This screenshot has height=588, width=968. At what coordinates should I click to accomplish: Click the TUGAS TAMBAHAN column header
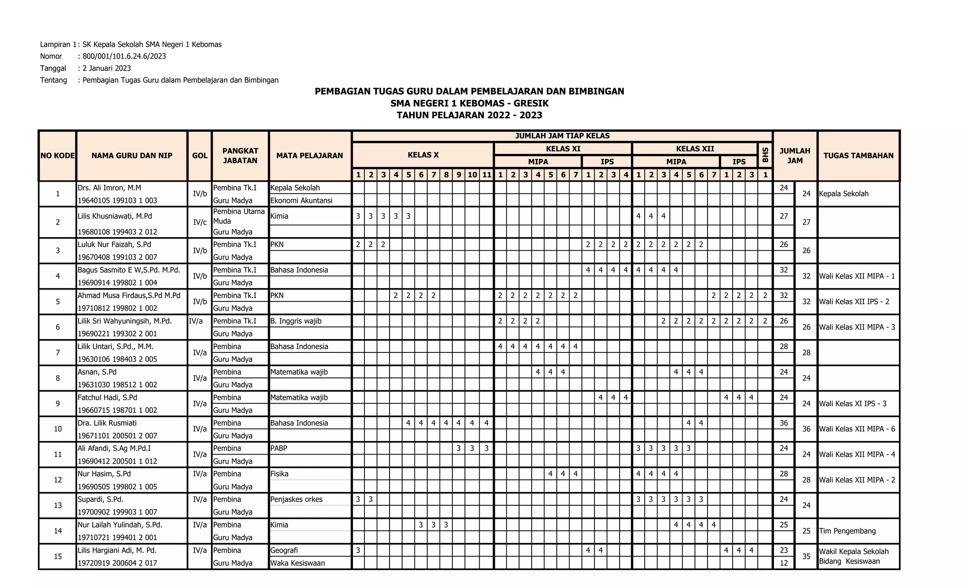[858, 156]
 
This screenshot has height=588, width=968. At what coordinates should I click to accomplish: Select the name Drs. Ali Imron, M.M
[109, 188]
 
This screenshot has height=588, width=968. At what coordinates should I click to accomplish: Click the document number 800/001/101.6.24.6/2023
[124, 56]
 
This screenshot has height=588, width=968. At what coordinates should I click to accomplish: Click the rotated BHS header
[765, 155]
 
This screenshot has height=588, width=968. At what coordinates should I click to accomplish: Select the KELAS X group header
[423, 155]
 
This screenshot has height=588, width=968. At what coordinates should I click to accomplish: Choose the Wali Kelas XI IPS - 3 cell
[852, 404]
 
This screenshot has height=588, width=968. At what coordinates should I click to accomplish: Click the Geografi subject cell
[284, 550]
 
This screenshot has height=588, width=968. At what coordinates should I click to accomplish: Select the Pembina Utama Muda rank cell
[239, 216]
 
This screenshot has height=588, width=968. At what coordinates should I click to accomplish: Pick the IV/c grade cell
[199, 222]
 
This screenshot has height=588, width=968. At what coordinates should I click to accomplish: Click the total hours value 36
[806, 429]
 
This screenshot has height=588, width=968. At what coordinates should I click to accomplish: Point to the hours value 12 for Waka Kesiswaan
[784, 563]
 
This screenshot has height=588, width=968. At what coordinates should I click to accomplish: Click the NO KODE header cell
[58, 156]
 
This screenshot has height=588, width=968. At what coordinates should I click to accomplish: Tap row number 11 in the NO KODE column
[58, 455]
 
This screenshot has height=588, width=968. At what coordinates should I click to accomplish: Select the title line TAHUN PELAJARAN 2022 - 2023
[469, 115]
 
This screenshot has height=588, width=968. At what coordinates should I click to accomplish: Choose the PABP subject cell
[279, 448]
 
